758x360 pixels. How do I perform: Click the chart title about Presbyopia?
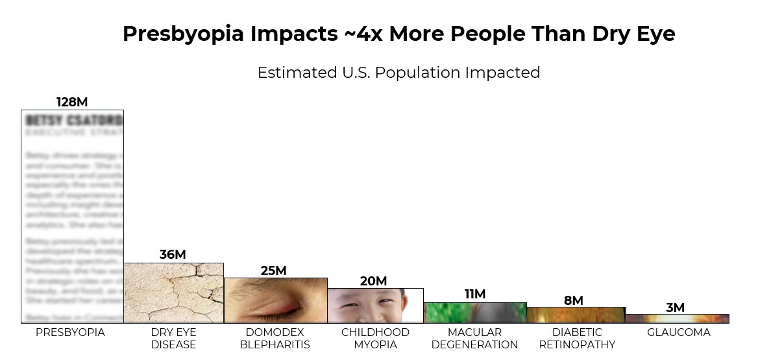coord(398,34)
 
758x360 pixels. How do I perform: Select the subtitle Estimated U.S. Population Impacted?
coord(398,72)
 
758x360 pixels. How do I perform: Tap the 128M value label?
coord(72,102)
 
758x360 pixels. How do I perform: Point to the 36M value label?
coord(173,255)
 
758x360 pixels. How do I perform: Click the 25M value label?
coord(273,270)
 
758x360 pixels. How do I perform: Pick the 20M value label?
coord(373,281)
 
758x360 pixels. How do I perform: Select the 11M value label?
coord(475,294)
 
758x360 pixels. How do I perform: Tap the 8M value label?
coord(574,300)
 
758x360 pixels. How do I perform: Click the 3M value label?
coord(675,307)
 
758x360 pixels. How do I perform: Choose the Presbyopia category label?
coord(70,332)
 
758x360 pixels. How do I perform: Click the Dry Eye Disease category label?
coord(173,338)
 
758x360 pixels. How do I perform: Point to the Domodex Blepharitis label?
coord(275,338)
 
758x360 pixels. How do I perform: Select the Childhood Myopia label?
coord(375,338)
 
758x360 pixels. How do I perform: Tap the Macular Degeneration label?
coord(474,338)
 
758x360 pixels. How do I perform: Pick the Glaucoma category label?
coord(679,332)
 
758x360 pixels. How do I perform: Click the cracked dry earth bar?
coord(173,293)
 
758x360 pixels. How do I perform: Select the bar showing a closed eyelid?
coord(275,300)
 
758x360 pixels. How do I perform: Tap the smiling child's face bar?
coord(375,306)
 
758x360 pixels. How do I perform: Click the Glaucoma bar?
coord(677,318)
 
